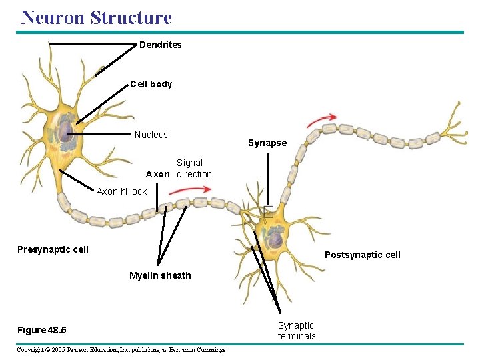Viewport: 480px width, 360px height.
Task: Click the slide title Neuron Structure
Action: click(96, 17)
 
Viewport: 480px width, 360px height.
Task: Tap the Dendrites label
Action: click(160, 45)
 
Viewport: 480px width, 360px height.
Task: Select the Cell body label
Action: click(151, 84)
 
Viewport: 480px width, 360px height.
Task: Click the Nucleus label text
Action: click(151, 135)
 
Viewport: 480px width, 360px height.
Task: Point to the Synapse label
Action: click(267, 143)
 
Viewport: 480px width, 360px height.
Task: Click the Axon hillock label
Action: click(121, 191)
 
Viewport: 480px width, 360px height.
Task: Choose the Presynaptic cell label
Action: click(53, 249)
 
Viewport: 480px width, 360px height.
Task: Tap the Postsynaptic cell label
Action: click(362, 255)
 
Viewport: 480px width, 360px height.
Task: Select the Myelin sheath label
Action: click(160, 275)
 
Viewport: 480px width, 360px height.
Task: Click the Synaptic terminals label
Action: click(297, 331)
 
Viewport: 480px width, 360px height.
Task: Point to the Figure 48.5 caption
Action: click(41, 331)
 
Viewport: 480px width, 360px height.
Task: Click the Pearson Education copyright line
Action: click(121, 350)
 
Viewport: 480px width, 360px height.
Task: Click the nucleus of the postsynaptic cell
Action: click(275, 236)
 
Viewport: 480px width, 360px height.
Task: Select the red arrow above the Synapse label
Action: click(321, 121)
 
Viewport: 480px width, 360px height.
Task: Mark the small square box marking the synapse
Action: click(268, 212)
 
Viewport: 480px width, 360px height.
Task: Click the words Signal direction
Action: click(193, 168)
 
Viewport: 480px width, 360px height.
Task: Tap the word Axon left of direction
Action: click(158, 174)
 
